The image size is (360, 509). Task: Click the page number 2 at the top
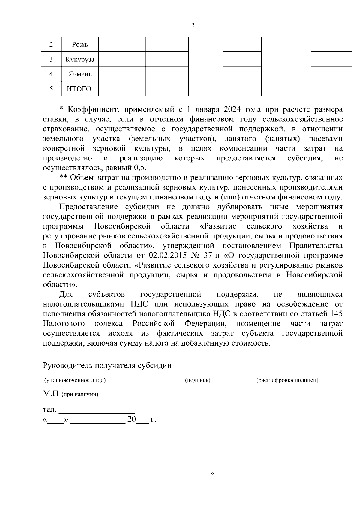193,25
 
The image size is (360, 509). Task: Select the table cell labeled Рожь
80,45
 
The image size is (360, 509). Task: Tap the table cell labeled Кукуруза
80,59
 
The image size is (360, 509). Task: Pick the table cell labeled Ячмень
80,74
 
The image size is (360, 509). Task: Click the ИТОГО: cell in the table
80,89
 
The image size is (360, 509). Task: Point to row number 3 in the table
51,59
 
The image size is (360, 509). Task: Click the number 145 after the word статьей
336,314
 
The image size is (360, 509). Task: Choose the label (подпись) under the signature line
198,380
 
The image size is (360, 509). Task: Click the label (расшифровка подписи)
287,380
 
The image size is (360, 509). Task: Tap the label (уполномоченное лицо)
75,380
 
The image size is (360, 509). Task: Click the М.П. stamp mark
51,394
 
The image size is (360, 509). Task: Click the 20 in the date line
132,419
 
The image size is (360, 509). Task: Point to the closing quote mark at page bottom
212,473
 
